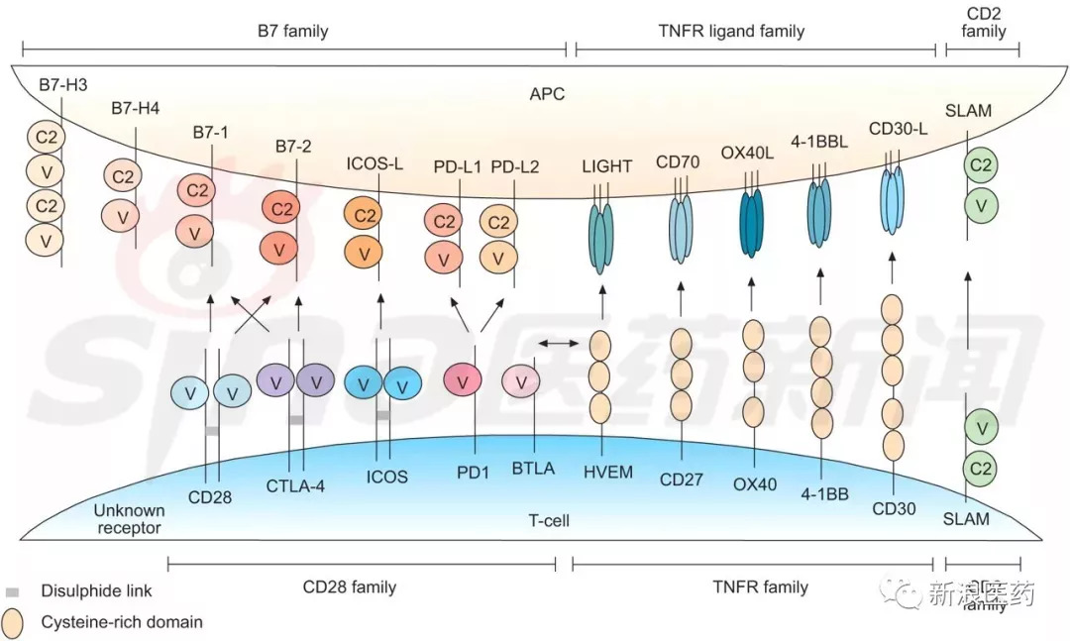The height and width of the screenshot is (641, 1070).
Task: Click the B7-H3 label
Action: [x=62, y=83]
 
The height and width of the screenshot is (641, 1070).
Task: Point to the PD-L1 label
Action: [x=458, y=166]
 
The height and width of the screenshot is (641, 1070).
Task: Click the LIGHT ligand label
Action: [x=607, y=166]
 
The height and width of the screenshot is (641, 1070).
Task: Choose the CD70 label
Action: [x=678, y=161]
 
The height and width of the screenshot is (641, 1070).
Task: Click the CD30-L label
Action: [x=894, y=129]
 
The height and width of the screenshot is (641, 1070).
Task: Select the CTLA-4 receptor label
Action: [x=295, y=485]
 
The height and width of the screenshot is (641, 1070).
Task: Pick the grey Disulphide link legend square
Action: [x=13, y=591]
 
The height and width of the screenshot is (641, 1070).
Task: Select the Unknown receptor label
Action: [x=128, y=519]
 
